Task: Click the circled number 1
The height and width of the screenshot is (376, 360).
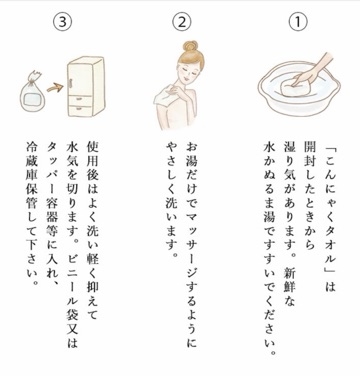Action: click(x=298, y=22)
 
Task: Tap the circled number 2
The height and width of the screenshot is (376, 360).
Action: click(x=181, y=22)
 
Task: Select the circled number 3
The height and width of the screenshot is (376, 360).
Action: click(x=62, y=22)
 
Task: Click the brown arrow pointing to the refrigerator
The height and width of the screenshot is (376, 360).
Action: click(x=55, y=88)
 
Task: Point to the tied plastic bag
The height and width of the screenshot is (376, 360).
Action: click(x=32, y=93)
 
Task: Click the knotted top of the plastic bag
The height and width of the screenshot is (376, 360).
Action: click(x=34, y=76)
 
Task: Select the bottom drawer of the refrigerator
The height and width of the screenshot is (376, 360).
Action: click(x=79, y=110)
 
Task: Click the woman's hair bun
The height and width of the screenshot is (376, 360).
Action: click(x=190, y=46)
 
